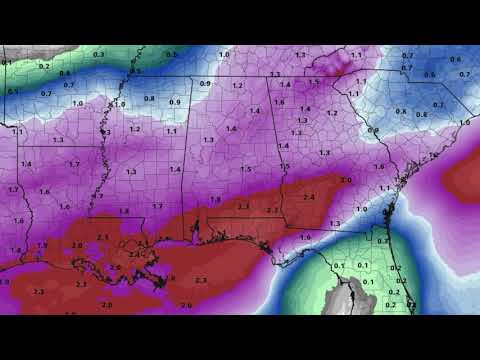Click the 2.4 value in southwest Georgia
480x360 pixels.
pyautogui.click(x=308, y=199)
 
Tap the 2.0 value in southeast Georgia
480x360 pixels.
pyautogui.click(x=345, y=180)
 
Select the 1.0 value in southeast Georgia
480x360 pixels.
pyautogui.click(x=362, y=209)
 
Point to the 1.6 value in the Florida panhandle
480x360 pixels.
pyautogui.click(x=305, y=237)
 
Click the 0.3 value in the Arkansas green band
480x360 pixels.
pyautogui.click(x=98, y=53)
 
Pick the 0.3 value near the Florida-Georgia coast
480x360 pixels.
pyautogui.click(x=383, y=241)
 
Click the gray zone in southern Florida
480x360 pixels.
pyautogui.click(x=350, y=296)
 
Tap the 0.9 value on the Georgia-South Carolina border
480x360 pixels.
pyautogui.click(x=372, y=131)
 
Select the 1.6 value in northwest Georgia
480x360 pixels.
pyautogui.click(x=280, y=103)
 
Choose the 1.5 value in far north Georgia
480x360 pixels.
pyautogui.click(x=313, y=83)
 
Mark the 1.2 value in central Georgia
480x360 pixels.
pyautogui.click(x=332, y=114)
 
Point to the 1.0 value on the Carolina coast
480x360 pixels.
pyautogui.click(x=464, y=122)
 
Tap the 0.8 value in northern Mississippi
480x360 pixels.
pyautogui.click(x=149, y=98)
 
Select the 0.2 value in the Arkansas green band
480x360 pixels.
pyautogui.click(x=44, y=65)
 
